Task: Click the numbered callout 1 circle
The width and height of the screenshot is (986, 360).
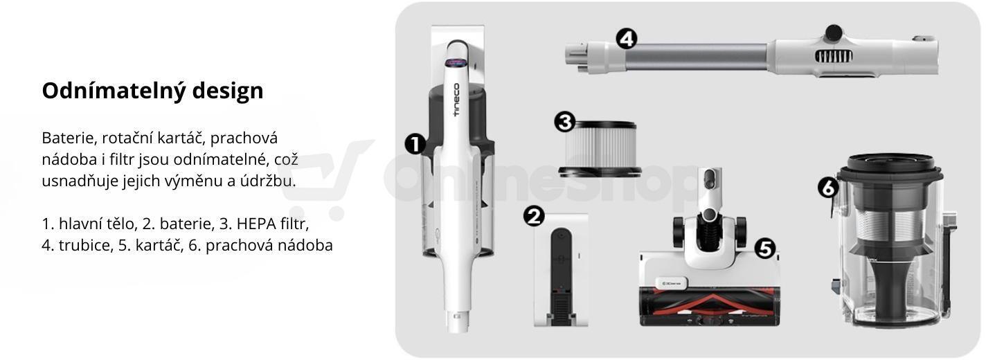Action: pyautogui.click(x=415, y=144)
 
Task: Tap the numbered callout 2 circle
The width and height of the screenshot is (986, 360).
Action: pyautogui.click(x=534, y=216)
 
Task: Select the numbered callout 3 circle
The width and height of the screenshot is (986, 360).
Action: pyautogui.click(x=565, y=121)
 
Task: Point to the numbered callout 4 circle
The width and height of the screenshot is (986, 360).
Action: pyautogui.click(x=627, y=38)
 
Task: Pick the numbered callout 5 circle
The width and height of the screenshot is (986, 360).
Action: pyautogui.click(x=765, y=249)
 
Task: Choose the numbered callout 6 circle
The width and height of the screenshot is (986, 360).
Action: pyautogui.click(x=828, y=188)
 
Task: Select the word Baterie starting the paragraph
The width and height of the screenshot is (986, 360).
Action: pyautogui.click(x=69, y=138)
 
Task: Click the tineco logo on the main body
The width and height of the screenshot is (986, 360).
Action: pyautogui.click(x=456, y=100)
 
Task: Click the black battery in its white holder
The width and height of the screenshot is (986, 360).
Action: pyautogui.click(x=561, y=276)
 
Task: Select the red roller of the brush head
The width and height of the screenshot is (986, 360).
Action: pyautogui.click(x=710, y=305)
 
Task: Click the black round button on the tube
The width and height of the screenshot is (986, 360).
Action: pyautogui.click(x=834, y=33)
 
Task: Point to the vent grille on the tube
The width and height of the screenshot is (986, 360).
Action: pyautogui.click(x=833, y=56)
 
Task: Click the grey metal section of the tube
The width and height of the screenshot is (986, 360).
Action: pyautogui.click(x=696, y=57)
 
